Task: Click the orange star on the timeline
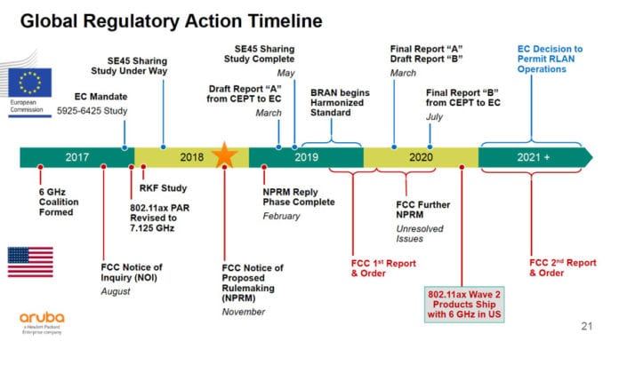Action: (x=225, y=157)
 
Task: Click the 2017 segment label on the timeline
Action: (x=77, y=158)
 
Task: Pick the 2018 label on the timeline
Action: (x=192, y=158)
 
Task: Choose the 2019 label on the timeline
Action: (x=307, y=158)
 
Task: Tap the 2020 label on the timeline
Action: (x=421, y=158)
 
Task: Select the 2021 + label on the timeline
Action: (x=535, y=158)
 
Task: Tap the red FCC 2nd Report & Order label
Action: (x=559, y=268)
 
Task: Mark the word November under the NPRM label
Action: (x=242, y=312)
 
